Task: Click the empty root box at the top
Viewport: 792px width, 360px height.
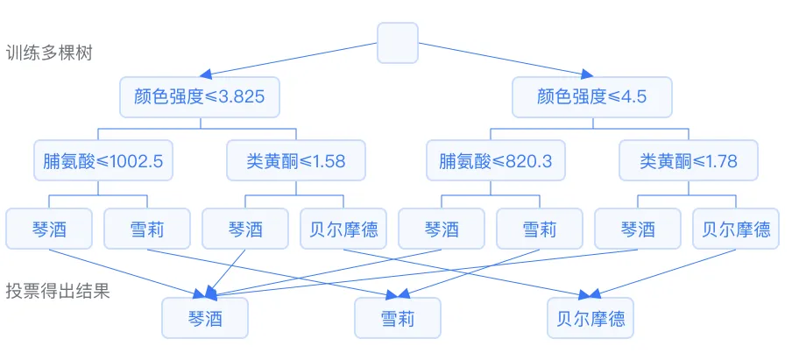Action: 398,43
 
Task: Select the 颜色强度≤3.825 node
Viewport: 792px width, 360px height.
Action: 200,97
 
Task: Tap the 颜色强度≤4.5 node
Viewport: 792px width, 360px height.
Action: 592,97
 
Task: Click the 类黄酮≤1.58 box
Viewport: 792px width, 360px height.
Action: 298,161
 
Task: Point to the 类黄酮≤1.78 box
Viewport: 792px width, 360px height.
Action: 689,161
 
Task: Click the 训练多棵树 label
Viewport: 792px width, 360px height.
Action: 49,53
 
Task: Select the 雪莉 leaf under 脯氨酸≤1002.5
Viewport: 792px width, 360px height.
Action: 146,229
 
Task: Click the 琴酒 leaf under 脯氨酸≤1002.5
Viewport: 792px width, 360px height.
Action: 49,229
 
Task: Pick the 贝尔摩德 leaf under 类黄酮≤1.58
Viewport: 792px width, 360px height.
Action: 344,229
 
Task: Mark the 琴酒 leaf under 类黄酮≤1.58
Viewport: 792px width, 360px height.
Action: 245,229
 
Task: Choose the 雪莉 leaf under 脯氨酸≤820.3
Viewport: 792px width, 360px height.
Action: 539,229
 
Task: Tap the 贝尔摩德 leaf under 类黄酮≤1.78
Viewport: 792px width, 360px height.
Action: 736,229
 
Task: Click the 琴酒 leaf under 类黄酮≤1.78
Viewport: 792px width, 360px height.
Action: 638,229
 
